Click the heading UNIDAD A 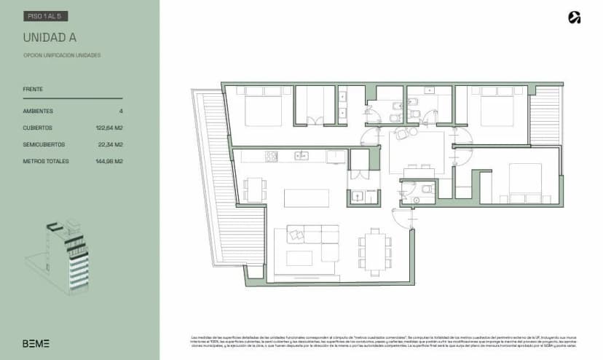[50, 37]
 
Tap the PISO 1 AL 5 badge [46, 15]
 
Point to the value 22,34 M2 [109, 144]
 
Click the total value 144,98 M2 [108, 161]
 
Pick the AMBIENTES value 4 [121, 111]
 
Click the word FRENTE [33, 89]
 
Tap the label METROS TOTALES [46, 161]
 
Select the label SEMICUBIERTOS [44, 144]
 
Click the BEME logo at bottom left [36, 343]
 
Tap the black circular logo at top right [574, 18]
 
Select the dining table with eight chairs [374, 251]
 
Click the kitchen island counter [306, 198]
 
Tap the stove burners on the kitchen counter [271, 156]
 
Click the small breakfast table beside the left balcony [253, 189]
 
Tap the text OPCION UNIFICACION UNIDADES [62, 55]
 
